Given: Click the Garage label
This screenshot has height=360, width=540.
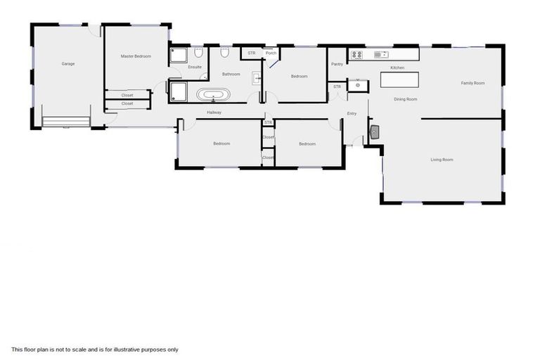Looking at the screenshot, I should (67, 63).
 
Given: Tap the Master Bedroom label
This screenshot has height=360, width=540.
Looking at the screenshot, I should (136, 56).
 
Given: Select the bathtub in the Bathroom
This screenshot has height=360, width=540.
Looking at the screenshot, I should (213, 95).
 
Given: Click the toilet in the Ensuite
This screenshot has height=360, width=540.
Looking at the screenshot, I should (199, 53).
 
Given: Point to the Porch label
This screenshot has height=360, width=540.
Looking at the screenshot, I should (270, 53).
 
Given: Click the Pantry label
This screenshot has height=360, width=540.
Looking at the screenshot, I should (337, 64).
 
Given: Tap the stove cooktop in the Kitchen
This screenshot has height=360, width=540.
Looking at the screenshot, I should (356, 54).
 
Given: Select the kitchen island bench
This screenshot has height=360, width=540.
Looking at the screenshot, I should (399, 79).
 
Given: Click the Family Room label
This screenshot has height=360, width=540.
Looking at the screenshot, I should (472, 83).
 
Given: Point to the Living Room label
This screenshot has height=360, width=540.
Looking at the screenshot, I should (442, 160).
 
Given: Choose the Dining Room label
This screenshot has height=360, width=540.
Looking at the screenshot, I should (405, 99).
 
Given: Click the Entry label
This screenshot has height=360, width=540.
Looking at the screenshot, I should (352, 114).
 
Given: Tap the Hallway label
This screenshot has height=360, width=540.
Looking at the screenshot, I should (214, 112).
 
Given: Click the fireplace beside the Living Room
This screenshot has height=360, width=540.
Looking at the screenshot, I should (375, 131).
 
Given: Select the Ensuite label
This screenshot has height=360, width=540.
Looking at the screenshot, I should (195, 67).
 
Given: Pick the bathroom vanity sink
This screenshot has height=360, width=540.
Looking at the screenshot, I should (257, 78).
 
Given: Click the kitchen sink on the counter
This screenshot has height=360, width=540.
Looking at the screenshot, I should (381, 54).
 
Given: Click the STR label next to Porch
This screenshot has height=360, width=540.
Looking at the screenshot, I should (251, 53).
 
